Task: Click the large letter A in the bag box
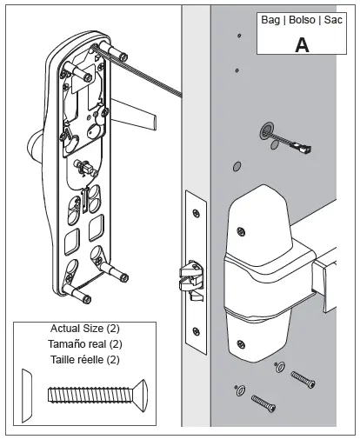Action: click(x=302, y=45)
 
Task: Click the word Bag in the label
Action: click(x=270, y=20)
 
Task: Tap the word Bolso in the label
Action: click(x=302, y=20)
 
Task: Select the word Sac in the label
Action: click(x=333, y=20)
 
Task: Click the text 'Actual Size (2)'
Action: click(x=85, y=329)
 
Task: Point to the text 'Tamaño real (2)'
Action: click(x=85, y=344)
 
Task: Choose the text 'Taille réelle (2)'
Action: click(x=85, y=360)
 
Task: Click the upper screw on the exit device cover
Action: click(x=241, y=231)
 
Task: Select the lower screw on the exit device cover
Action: click(x=241, y=344)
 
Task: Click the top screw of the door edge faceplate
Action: click(x=197, y=214)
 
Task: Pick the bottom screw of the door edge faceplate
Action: click(x=197, y=331)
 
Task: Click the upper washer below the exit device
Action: click(x=279, y=367)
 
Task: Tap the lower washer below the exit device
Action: click(x=240, y=390)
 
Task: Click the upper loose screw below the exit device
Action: click(x=303, y=380)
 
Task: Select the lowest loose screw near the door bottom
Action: click(x=263, y=403)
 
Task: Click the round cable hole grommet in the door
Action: click(x=267, y=130)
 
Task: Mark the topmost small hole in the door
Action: click(x=239, y=36)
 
